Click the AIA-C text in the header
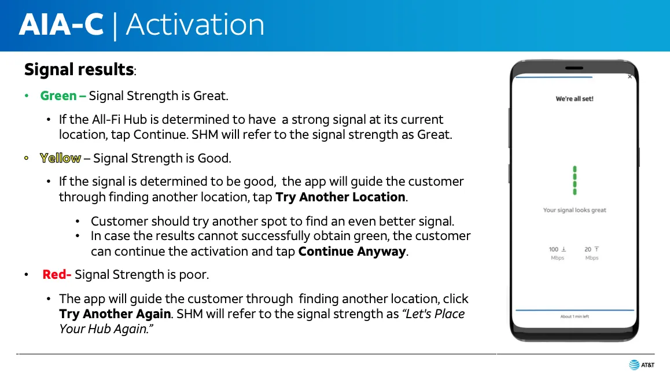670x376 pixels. (61, 24)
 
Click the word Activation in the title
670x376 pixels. (196, 24)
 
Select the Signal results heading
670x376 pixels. (79, 69)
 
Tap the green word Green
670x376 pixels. (58, 95)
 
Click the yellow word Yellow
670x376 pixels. (60, 158)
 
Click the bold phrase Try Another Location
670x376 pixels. (341, 197)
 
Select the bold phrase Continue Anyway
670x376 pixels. (352, 251)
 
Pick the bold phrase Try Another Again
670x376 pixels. (115, 314)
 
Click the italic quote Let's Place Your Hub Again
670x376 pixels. (262, 321)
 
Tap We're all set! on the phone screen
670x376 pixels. (575, 99)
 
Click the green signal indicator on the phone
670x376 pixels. (575, 180)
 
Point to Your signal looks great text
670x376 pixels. (575, 210)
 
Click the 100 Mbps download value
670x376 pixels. (557, 253)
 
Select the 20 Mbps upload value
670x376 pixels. (592, 253)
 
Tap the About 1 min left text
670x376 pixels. (575, 316)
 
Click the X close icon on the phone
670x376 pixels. (630, 77)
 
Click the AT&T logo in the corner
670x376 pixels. (642, 364)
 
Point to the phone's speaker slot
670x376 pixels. (574, 68)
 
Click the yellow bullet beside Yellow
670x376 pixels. (27, 158)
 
